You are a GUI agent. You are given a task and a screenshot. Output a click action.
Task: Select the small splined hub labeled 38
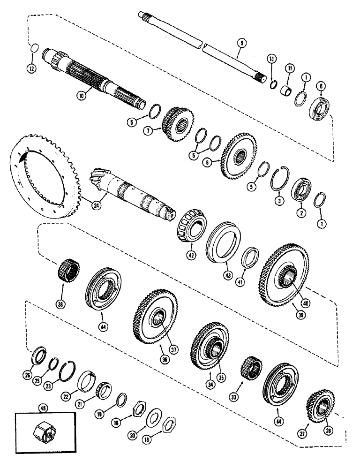68,270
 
